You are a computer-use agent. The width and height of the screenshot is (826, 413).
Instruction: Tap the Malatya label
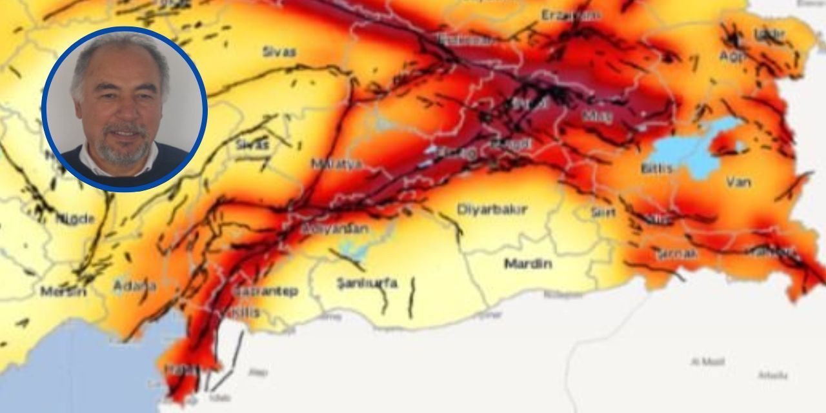coord(336,164)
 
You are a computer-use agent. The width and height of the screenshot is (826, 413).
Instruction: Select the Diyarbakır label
coord(492,209)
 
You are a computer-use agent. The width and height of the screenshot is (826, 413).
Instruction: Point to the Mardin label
coord(528,263)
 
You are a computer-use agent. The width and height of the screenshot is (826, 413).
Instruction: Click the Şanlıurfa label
coord(367,283)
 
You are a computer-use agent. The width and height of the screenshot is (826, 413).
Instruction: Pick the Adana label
coord(135,285)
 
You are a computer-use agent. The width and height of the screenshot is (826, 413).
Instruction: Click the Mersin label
coord(63,291)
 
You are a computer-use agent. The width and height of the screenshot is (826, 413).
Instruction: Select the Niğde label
coord(76,219)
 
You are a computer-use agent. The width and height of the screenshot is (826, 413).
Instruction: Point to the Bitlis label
coord(657,168)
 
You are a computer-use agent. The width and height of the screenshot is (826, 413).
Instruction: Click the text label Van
coord(738,182)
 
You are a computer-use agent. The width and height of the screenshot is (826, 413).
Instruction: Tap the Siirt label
coord(603,212)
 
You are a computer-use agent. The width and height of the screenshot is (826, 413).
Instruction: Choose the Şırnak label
coord(677,254)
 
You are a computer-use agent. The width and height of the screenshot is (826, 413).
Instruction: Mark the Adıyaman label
coord(335,229)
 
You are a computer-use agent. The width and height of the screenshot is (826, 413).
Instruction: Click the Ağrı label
coord(732,56)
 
